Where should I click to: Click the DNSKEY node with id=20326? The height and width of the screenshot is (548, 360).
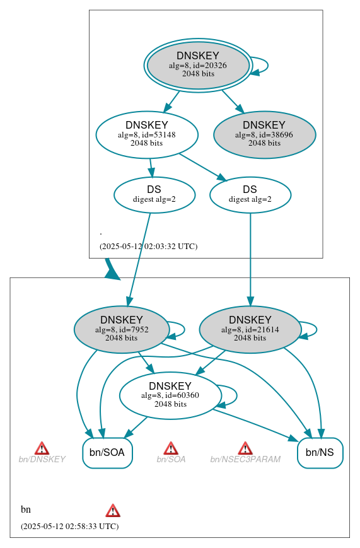pyautogui.click(x=198, y=65)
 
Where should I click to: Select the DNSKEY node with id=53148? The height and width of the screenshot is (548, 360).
pyautogui.click(x=147, y=134)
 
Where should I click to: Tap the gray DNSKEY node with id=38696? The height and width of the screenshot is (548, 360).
pyautogui.click(x=264, y=134)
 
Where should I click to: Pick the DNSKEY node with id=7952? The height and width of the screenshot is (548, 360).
pyautogui.click(x=121, y=329)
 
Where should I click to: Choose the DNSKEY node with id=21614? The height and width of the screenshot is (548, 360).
pyautogui.click(x=250, y=329)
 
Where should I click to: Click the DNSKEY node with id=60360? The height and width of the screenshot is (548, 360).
pyautogui.click(x=170, y=395)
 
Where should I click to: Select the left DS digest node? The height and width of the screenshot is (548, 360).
pyautogui.click(x=154, y=194)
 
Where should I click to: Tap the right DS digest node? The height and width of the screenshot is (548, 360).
pyautogui.click(x=250, y=194)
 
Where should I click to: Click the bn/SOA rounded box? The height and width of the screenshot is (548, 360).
pyautogui.click(x=107, y=452)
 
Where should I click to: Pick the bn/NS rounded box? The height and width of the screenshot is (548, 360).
pyautogui.click(x=320, y=452)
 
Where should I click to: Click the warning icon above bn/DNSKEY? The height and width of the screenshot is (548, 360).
pyautogui.click(x=42, y=448)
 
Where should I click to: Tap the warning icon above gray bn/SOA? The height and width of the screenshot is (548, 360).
pyautogui.click(x=171, y=448)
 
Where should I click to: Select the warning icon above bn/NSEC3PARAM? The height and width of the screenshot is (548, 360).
pyautogui.click(x=245, y=448)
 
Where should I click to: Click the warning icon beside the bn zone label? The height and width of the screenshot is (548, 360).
pyautogui.click(x=113, y=510)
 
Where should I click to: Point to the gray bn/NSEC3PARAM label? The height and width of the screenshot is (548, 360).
pyautogui.click(x=245, y=460)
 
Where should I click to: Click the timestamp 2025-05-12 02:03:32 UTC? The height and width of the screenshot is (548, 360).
pyautogui.click(x=148, y=247)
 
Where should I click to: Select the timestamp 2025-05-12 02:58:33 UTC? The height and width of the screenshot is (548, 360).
pyautogui.click(x=69, y=526)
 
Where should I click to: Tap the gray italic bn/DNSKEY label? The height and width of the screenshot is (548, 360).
pyautogui.click(x=42, y=460)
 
